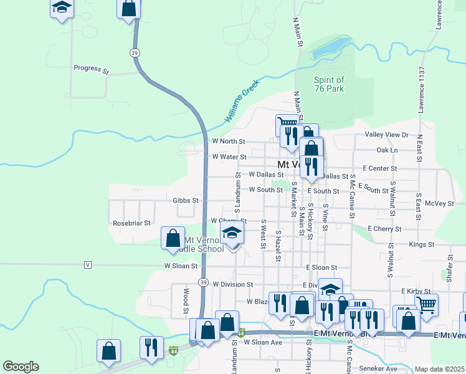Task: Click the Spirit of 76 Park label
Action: [x=328, y=84]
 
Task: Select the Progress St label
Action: [x=91, y=69]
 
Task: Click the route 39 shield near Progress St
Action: [x=135, y=54]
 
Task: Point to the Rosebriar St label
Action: [x=131, y=223]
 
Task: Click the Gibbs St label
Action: [x=186, y=201]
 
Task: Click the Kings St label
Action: [x=421, y=244]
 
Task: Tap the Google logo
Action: [x=21, y=367]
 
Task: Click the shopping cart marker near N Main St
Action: [x=286, y=123]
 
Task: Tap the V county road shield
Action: [x=87, y=265]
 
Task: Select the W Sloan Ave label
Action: [x=263, y=342]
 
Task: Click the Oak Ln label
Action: [x=386, y=150]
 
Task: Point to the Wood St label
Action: [x=186, y=299]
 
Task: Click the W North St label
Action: [x=229, y=141]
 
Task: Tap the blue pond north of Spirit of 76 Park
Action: [x=330, y=47]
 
